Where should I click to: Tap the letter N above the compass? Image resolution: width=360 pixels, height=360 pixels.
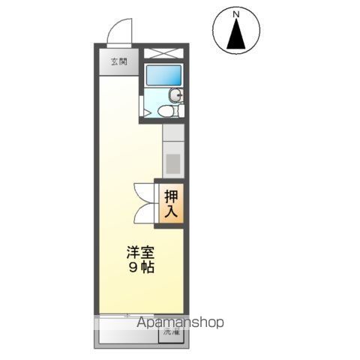(x=236, y=13)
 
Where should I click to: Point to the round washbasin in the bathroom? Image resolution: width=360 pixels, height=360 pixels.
(x=175, y=94)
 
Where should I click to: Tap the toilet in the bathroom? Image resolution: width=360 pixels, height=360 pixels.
(x=169, y=111)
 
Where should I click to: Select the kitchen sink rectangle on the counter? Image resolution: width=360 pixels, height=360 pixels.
(x=172, y=163)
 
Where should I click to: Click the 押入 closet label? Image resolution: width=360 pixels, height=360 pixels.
(x=170, y=203)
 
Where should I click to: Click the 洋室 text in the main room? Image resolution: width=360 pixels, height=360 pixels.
(x=141, y=253)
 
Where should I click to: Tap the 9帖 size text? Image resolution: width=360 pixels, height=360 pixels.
(x=141, y=268)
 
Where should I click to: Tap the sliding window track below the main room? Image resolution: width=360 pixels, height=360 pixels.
(x=140, y=314)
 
